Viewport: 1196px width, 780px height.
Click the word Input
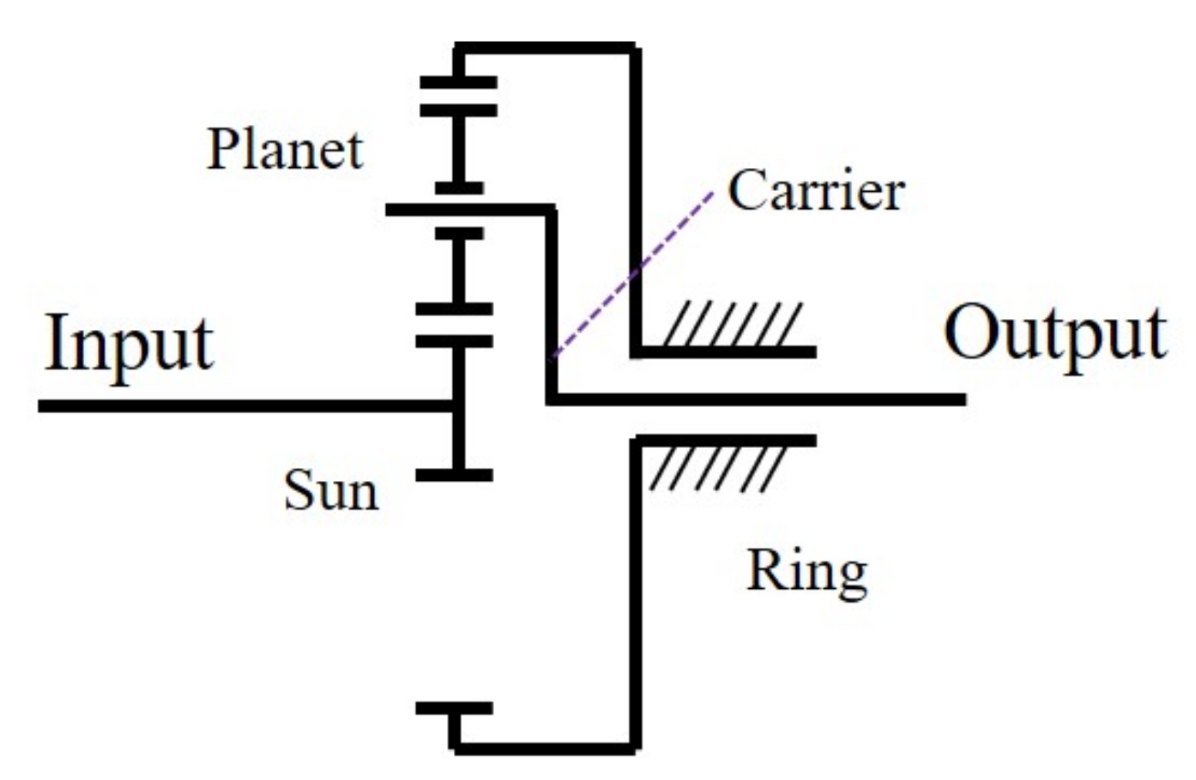pos(129,345)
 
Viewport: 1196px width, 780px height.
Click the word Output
pos(1054,335)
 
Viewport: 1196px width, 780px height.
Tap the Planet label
pos(284,150)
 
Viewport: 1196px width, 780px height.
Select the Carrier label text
pos(815,190)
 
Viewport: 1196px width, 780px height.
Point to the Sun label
pos(331,490)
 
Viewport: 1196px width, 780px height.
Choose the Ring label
pos(806,572)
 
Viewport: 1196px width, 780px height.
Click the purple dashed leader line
pos(632,274)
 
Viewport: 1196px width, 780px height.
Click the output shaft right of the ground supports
pos(886,399)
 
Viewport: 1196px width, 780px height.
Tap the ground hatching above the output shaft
pos(732,324)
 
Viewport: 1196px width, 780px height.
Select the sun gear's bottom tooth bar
pos(454,476)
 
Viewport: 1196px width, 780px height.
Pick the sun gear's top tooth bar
pos(454,341)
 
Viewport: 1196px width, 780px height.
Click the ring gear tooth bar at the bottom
pos(454,708)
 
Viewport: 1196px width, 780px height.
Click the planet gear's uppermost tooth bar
pos(459,110)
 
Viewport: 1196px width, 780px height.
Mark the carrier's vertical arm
pos(551,301)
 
